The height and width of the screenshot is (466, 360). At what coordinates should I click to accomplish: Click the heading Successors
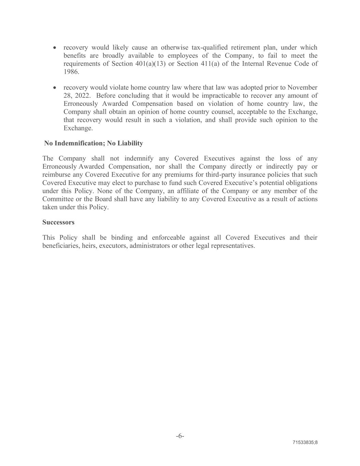(x=58, y=222)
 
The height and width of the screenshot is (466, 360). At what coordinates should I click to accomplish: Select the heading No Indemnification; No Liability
(x=93, y=143)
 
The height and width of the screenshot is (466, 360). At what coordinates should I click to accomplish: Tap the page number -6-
(x=180, y=436)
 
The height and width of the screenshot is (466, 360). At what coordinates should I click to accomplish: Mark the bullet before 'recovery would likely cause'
(x=55, y=47)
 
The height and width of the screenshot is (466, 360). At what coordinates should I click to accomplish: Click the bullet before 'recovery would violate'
(x=55, y=88)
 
